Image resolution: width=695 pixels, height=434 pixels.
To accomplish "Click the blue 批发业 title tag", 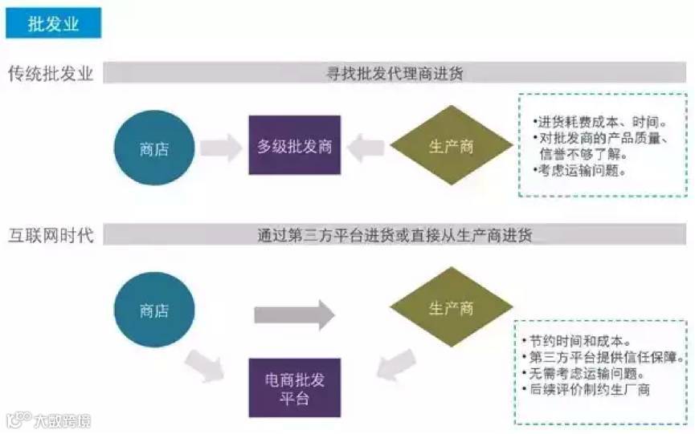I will [x=54, y=23].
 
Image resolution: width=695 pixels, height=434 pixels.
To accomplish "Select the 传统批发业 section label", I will [x=51, y=74].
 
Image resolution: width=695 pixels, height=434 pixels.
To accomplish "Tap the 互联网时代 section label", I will [x=51, y=236].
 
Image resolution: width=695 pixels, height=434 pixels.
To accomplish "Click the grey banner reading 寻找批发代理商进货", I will [x=395, y=74].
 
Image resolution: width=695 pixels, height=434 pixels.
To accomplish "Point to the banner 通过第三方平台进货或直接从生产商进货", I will [x=395, y=236].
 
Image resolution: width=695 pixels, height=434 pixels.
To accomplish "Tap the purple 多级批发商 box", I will [x=295, y=146].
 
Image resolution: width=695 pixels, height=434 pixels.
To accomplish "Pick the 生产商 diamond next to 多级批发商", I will [x=451, y=146].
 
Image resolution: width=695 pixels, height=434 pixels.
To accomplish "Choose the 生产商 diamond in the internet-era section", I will [x=451, y=309].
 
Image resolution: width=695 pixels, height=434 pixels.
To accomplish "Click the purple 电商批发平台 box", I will [x=295, y=387].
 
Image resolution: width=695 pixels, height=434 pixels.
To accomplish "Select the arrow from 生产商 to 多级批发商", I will [x=366, y=147].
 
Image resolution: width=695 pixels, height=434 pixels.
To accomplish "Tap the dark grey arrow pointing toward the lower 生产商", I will [x=294, y=314].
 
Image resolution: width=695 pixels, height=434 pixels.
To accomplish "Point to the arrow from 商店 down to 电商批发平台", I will [x=207, y=368].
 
